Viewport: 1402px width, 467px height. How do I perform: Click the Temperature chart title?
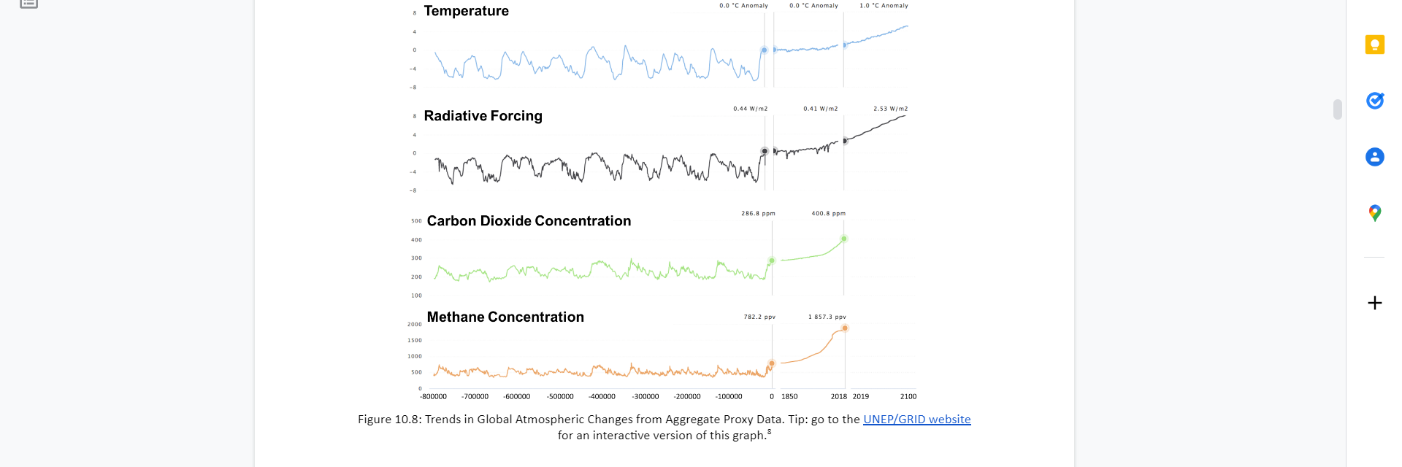pos(466,11)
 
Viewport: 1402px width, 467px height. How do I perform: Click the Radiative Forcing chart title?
pos(483,116)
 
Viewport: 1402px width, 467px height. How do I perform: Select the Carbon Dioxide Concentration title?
pos(529,221)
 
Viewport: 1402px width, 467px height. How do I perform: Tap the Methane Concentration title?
pos(505,317)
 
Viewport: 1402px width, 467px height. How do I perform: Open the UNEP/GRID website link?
pos(916,420)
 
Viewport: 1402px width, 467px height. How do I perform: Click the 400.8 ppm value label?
pos(828,214)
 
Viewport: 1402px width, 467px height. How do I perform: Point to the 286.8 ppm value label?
pos(758,214)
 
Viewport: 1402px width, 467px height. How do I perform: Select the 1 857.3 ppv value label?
pos(827,317)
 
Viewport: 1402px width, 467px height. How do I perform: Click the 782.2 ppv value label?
pos(759,317)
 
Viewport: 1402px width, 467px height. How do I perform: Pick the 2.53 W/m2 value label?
pos(890,109)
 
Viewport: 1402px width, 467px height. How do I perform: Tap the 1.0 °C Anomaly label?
pos(884,6)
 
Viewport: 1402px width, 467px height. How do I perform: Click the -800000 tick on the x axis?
pos(433,397)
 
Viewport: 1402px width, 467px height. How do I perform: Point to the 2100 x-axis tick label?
pos(908,397)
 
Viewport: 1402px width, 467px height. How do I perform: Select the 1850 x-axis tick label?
pos(789,397)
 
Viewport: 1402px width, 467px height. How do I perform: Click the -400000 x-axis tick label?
pos(602,397)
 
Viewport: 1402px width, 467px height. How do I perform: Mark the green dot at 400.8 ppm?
pos(844,239)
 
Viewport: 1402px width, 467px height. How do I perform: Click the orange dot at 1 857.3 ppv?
pos(845,328)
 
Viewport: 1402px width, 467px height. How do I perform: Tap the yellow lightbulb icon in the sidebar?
pos(1375,45)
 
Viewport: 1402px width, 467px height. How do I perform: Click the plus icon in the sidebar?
pos(1375,303)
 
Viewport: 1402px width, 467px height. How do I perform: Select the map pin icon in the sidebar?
pos(1375,213)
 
